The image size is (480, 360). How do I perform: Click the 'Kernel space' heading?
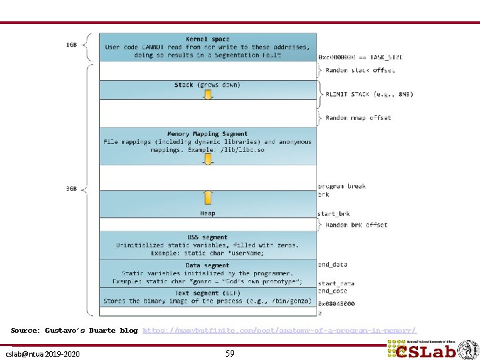coord(207,39)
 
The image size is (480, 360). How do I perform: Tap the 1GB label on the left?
coord(71,45)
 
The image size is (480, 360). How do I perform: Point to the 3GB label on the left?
coord(71,189)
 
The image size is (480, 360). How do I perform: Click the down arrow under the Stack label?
coord(208,95)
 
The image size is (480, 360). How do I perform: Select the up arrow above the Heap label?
coord(208,197)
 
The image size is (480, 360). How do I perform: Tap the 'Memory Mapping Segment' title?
coord(207,134)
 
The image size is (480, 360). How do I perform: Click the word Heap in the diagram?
coord(207,213)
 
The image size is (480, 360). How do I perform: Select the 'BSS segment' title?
coord(207,237)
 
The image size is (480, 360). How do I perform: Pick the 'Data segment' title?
coord(207,265)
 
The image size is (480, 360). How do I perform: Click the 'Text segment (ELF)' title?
coord(207,293)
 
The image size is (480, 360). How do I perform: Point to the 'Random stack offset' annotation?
coord(360,70)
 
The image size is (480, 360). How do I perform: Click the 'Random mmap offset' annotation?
coord(358,118)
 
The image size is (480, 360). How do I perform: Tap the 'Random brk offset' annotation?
coord(357,225)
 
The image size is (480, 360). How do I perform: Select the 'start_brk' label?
coord(333,214)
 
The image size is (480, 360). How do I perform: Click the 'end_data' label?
coord(332,265)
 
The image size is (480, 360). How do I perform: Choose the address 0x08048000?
coord(336,303)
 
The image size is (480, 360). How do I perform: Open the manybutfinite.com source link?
coord(279,330)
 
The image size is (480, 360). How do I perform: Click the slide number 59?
coord(229,353)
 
